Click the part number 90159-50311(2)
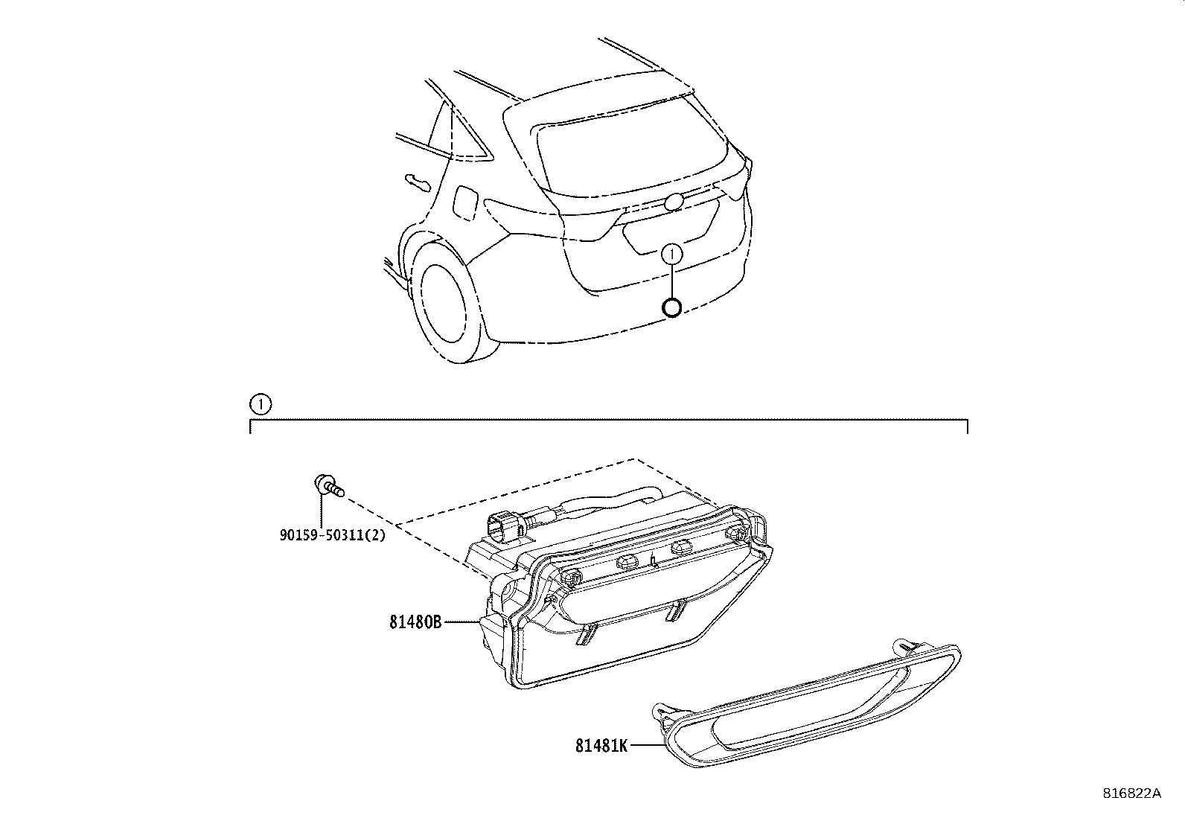pyautogui.click(x=333, y=534)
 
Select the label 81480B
pyautogui.click(x=415, y=622)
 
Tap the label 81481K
pyautogui.click(x=601, y=745)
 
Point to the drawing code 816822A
pyautogui.click(x=1131, y=793)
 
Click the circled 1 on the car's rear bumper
pyautogui.click(x=672, y=254)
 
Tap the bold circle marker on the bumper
pyautogui.click(x=672, y=307)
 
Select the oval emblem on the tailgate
pyautogui.click(x=675, y=202)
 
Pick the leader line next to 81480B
pyautogui.click(x=462, y=622)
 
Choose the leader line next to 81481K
pyautogui.click(x=646, y=745)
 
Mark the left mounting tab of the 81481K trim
pyautogui.click(x=658, y=715)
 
